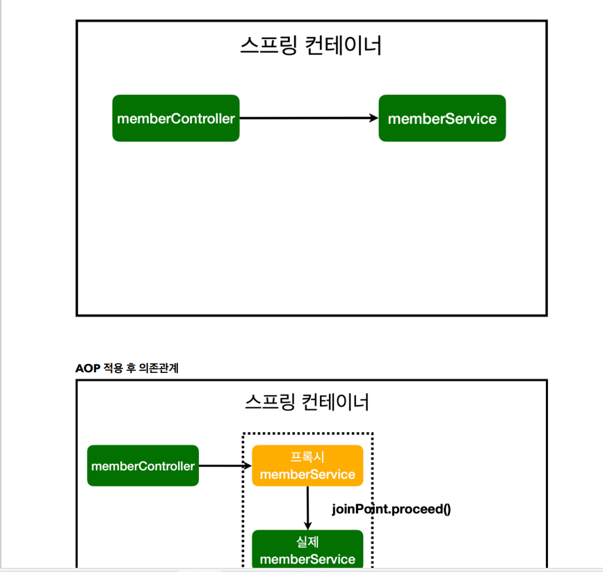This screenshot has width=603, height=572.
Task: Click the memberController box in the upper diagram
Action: (176, 118)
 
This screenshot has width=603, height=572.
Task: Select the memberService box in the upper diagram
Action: (442, 118)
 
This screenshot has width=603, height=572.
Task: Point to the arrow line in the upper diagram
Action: (306, 118)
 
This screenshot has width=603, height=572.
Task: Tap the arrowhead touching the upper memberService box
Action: (373, 118)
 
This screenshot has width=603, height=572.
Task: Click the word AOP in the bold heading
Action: (88, 368)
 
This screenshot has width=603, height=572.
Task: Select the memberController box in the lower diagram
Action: (143, 466)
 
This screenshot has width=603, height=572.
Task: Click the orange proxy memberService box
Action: (307, 466)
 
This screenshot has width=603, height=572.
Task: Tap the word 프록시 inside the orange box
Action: (307, 457)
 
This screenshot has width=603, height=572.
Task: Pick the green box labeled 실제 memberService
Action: (307, 550)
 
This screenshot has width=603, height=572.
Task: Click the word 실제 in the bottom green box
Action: (307, 542)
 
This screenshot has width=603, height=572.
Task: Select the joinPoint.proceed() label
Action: (392, 509)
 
